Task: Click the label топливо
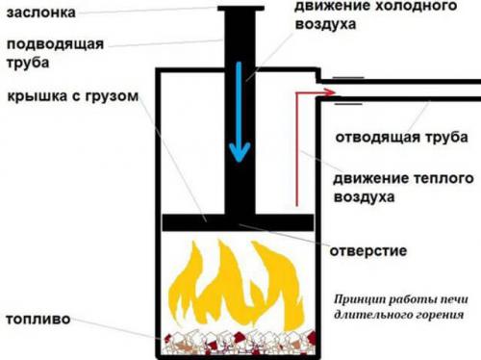tap(34, 317)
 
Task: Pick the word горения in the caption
tap(437, 314)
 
